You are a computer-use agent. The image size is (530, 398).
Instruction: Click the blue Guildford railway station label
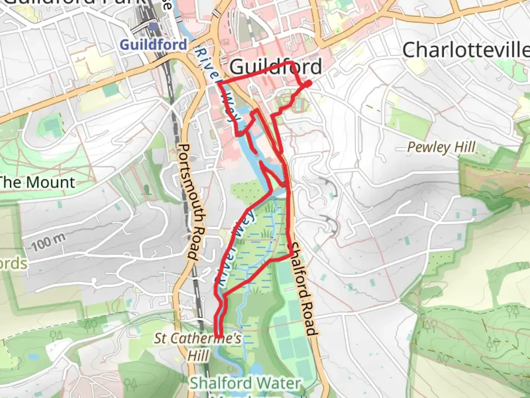coord(153,45)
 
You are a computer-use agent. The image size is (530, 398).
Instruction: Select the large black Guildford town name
coord(275,67)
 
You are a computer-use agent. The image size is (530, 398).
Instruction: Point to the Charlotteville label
coord(466,50)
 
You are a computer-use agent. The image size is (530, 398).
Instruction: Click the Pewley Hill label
coord(441,147)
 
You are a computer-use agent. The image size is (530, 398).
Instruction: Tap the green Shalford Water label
coord(245,383)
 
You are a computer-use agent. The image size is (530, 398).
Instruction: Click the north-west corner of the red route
coord(219,84)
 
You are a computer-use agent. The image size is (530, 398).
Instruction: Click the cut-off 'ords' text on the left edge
coord(13,264)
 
